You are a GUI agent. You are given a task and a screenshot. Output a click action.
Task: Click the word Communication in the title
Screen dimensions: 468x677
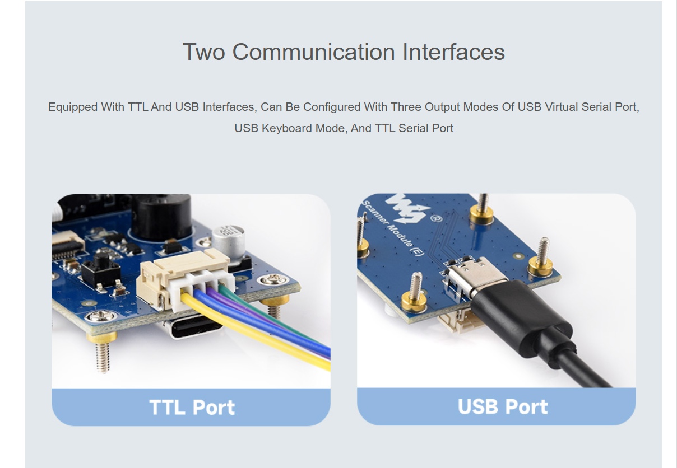313,52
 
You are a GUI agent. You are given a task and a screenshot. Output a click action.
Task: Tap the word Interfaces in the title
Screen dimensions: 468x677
453,52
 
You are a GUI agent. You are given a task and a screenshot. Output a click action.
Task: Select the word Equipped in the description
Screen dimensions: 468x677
72,107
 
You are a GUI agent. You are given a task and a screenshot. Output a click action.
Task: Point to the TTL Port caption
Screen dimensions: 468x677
192,407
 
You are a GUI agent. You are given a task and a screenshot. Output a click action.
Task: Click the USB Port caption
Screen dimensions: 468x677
502,406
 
